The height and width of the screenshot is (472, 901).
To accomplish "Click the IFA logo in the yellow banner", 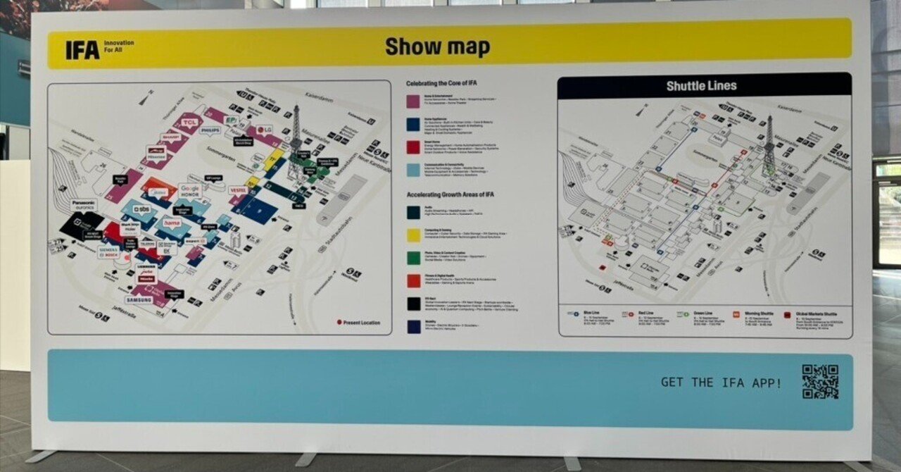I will (82, 49).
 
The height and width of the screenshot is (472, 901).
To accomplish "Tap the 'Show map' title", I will (437, 47).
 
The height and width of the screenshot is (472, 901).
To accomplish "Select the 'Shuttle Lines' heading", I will (701, 86).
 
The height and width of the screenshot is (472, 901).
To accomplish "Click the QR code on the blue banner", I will (820, 381).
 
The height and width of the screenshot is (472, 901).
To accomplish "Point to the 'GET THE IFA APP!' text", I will (721, 383).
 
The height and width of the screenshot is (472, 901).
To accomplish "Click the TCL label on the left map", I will (189, 123).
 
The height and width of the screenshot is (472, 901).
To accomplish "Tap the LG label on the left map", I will (265, 130).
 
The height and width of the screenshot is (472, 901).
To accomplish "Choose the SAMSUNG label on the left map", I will (139, 299).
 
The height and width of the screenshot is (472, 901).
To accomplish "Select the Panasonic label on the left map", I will (82, 203).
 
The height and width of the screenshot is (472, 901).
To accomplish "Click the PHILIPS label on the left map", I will (210, 130).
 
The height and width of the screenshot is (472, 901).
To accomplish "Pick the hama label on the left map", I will (172, 223).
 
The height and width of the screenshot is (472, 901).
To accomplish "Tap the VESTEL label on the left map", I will (237, 190).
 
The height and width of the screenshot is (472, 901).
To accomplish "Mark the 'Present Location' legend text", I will (362, 323).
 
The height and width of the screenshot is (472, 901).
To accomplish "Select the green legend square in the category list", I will (413, 259).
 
